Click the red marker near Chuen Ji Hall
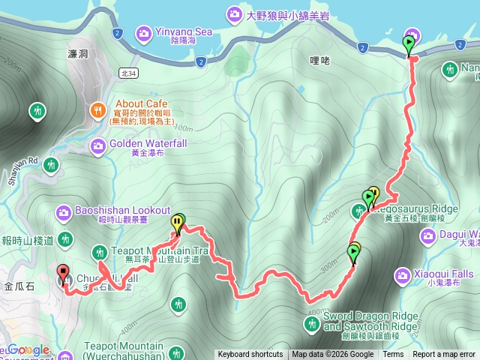(x=63, y=273)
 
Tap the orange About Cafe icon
(x=97, y=110)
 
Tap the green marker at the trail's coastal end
(x=409, y=45)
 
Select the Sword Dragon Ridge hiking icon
(x=312, y=323)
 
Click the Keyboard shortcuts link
(x=250, y=355)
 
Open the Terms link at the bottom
(x=392, y=355)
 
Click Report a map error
(x=444, y=355)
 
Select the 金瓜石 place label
(x=18, y=286)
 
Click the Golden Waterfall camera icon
(x=97, y=145)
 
